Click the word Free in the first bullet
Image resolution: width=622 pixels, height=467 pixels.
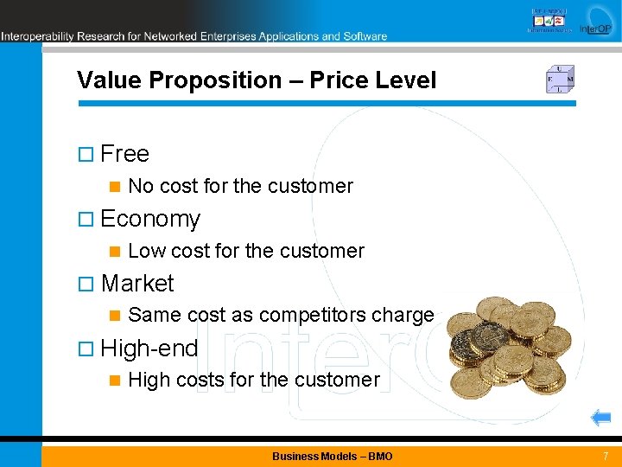click(124, 154)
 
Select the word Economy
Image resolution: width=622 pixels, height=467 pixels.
click(150, 219)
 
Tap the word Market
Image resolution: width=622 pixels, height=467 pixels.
click(137, 284)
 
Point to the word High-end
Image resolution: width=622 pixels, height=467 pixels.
click(149, 349)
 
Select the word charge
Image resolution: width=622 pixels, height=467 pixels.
click(402, 316)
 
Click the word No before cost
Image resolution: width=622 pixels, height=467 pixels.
click(141, 186)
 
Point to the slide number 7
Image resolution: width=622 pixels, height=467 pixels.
click(606, 456)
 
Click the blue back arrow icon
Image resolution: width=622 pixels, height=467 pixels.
click(600, 419)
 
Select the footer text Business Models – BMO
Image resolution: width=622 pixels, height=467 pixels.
click(332, 456)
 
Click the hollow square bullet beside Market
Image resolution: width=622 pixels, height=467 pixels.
click(85, 284)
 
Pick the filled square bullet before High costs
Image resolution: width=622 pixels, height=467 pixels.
click(112, 381)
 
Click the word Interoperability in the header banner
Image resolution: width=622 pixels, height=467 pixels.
click(37, 36)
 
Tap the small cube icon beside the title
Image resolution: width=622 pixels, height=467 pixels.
click(559, 80)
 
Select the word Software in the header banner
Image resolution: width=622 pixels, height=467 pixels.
click(365, 36)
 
